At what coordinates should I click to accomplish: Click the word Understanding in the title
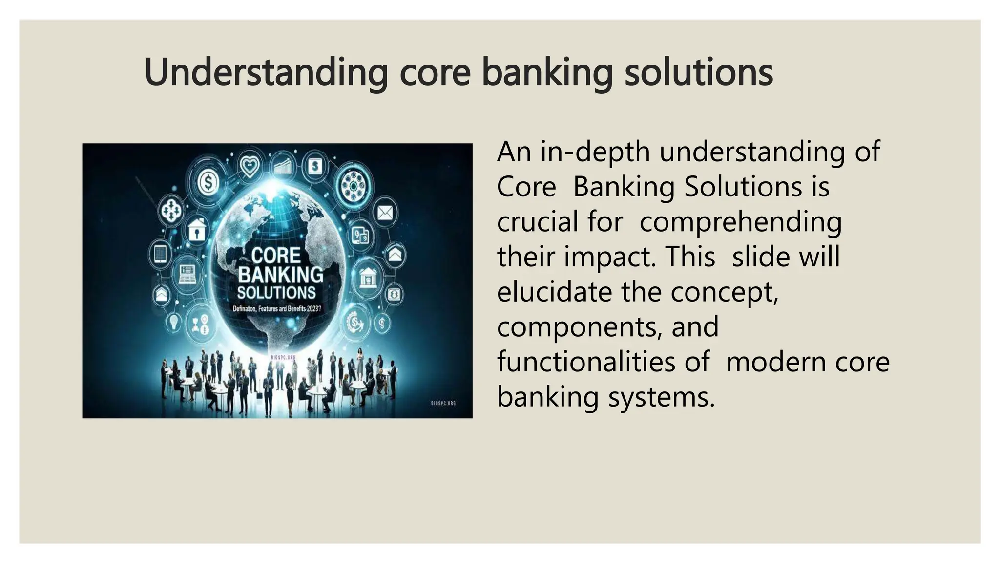coord(266,72)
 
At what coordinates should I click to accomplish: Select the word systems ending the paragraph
coord(661,397)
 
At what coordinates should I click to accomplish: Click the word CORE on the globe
coord(276,255)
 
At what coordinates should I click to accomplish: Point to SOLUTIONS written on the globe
coord(276,293)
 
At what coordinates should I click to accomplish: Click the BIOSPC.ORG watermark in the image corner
coord(443,403)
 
